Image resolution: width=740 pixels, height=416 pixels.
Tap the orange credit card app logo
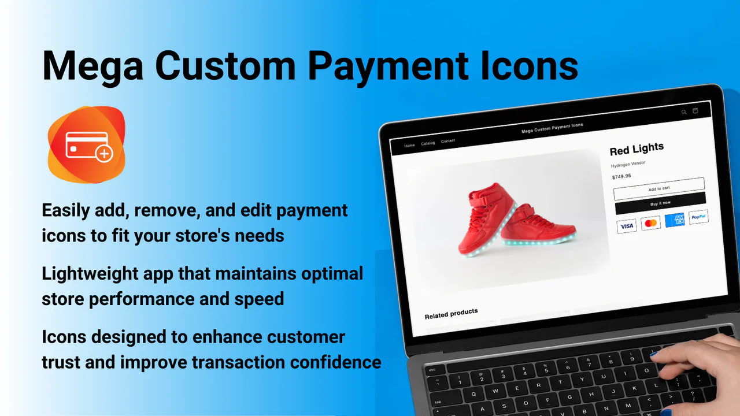[87, 145]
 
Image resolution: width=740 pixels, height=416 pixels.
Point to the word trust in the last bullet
[60, 362]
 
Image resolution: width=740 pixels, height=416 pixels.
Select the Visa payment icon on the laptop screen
[627, 226]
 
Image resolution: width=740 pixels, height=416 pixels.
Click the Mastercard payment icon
[651, 223]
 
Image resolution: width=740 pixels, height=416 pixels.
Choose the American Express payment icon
[675, 220]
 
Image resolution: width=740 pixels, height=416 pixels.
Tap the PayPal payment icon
[698, 217]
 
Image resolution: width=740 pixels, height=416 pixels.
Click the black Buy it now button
[660, 203]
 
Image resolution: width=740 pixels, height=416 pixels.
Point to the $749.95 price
[621, 177]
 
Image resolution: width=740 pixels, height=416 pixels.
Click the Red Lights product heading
[637, 149]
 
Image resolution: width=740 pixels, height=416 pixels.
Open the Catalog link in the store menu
[428, 143]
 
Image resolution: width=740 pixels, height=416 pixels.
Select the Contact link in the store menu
[448, 141]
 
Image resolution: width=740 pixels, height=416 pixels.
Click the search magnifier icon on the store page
[684, 112]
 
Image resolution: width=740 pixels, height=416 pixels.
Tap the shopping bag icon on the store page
[695, 111]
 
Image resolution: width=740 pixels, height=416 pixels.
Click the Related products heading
[451, 314]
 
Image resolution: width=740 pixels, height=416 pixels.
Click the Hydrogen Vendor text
[628, 164]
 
